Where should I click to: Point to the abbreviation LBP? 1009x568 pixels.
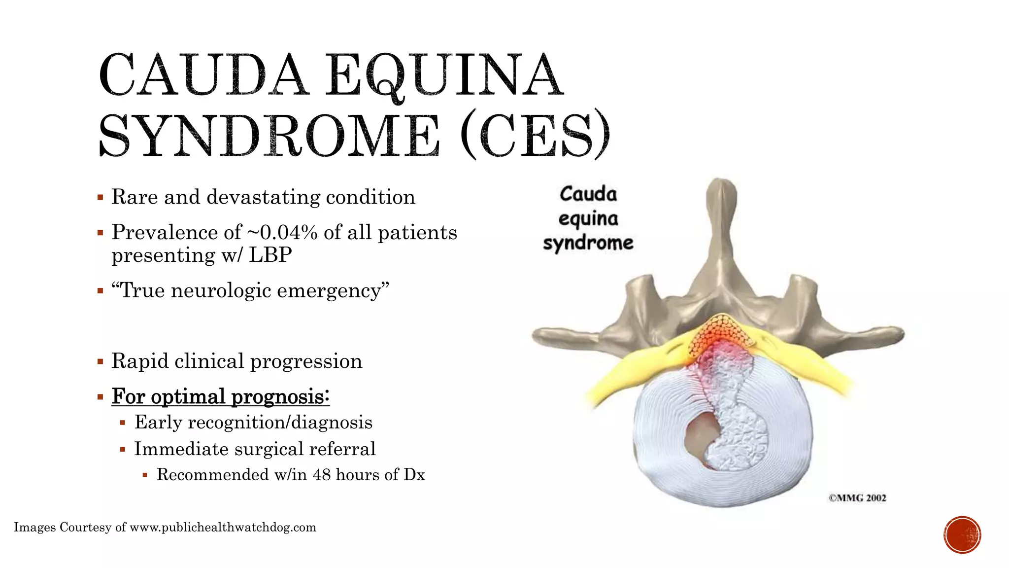[x=270, y=255]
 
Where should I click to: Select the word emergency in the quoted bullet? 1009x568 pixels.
[x=333, y=290]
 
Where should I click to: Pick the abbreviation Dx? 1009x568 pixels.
[x=414, y=474]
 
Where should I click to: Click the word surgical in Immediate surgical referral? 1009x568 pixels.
[x=269, y=449]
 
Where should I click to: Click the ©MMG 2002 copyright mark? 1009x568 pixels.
[x=857, y=498]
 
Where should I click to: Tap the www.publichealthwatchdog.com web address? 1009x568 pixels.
[x=223, y=528]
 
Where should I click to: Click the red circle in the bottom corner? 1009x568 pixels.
[x=962, y=534]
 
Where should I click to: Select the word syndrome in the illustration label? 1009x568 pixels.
[x=588, y=243]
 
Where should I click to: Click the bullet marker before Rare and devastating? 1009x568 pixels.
[x=101, y=198]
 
